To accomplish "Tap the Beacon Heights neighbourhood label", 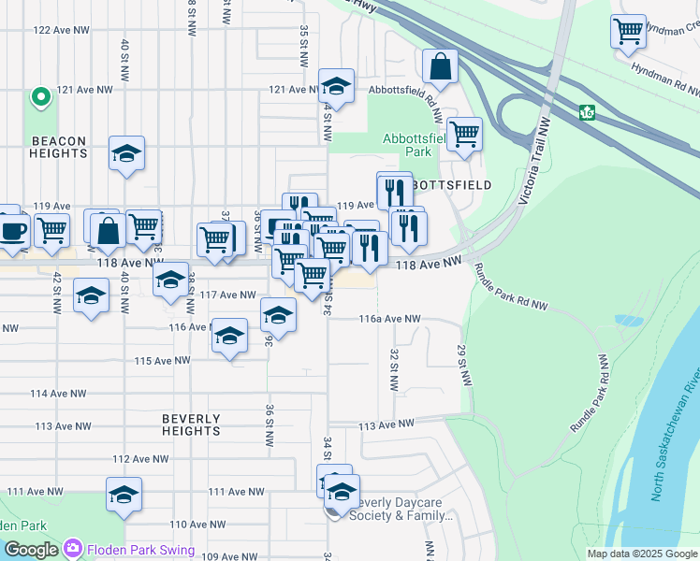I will point(58,149).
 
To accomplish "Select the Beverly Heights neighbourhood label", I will point(191,424).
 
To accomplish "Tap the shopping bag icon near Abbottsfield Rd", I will point(440,67).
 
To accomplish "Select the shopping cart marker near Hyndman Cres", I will point(629,30).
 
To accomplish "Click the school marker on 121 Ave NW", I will point(336,87).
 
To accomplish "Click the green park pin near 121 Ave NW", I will point(40,96).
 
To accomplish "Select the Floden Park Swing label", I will point(141,550).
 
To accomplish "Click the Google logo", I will point(31,550).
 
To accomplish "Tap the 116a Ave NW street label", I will point(390,319).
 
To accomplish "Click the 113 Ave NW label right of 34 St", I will point(386,424).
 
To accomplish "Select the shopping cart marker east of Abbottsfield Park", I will point(463,135).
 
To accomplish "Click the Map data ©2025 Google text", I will point(641,554).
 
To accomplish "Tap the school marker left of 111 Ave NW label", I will point(123,495).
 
